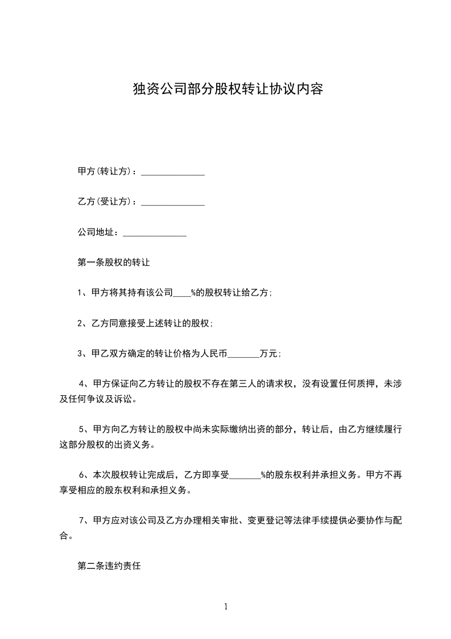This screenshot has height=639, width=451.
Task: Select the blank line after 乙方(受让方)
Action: point(172,203)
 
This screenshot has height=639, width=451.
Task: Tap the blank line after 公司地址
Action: point(155,233)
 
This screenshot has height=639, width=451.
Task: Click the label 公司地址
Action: point(97,232)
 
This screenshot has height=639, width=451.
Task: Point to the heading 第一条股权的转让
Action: point(113,263)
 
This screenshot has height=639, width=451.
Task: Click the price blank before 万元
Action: point(243,354)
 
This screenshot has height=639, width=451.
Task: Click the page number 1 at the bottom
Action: point(226,607)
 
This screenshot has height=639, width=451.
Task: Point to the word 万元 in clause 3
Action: point(268,354)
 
